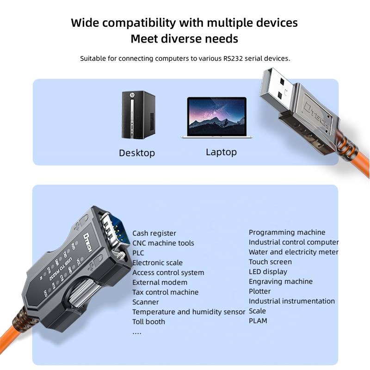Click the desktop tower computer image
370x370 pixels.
[x=138, y=115]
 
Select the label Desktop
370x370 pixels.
[x=137, y=153]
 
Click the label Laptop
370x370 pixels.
[x=221, y=152]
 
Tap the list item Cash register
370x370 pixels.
[x=154, y=234]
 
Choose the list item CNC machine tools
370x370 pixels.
[x=163, y=243]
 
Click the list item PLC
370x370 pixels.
[x=138, y=253]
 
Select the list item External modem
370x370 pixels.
[x=160, y=283]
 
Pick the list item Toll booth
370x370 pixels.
[x=148, y=321]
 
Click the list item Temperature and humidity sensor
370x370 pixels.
[x=188, y=312]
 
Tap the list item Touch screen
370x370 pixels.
[x=270, y=262]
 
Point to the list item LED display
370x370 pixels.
[x=268, y=271]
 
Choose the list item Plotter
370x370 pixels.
[x=259, y=291]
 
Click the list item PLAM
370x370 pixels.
[x=258, y=321]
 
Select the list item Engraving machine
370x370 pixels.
[x=280, y=282]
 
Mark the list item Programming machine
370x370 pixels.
[x=287, y=232]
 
